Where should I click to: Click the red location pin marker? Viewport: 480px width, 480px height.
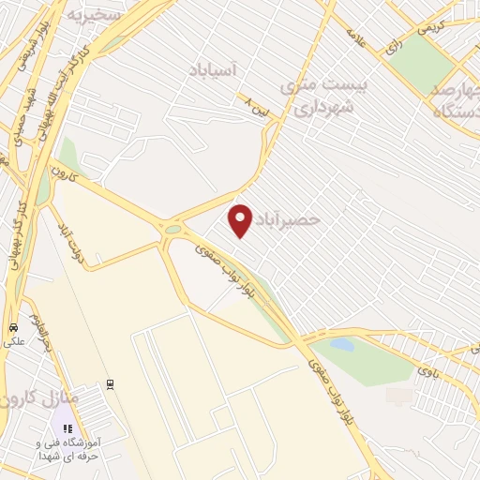point(242,220)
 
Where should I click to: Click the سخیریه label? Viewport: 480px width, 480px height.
point(94,16)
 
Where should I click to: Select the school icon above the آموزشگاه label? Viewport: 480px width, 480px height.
point(67,428)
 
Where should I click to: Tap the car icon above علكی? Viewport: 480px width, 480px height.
point(13,328)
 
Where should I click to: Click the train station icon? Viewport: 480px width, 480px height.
point(111,383)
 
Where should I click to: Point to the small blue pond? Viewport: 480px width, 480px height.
point(342,345)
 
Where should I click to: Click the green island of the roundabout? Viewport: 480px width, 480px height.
point(173,229)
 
